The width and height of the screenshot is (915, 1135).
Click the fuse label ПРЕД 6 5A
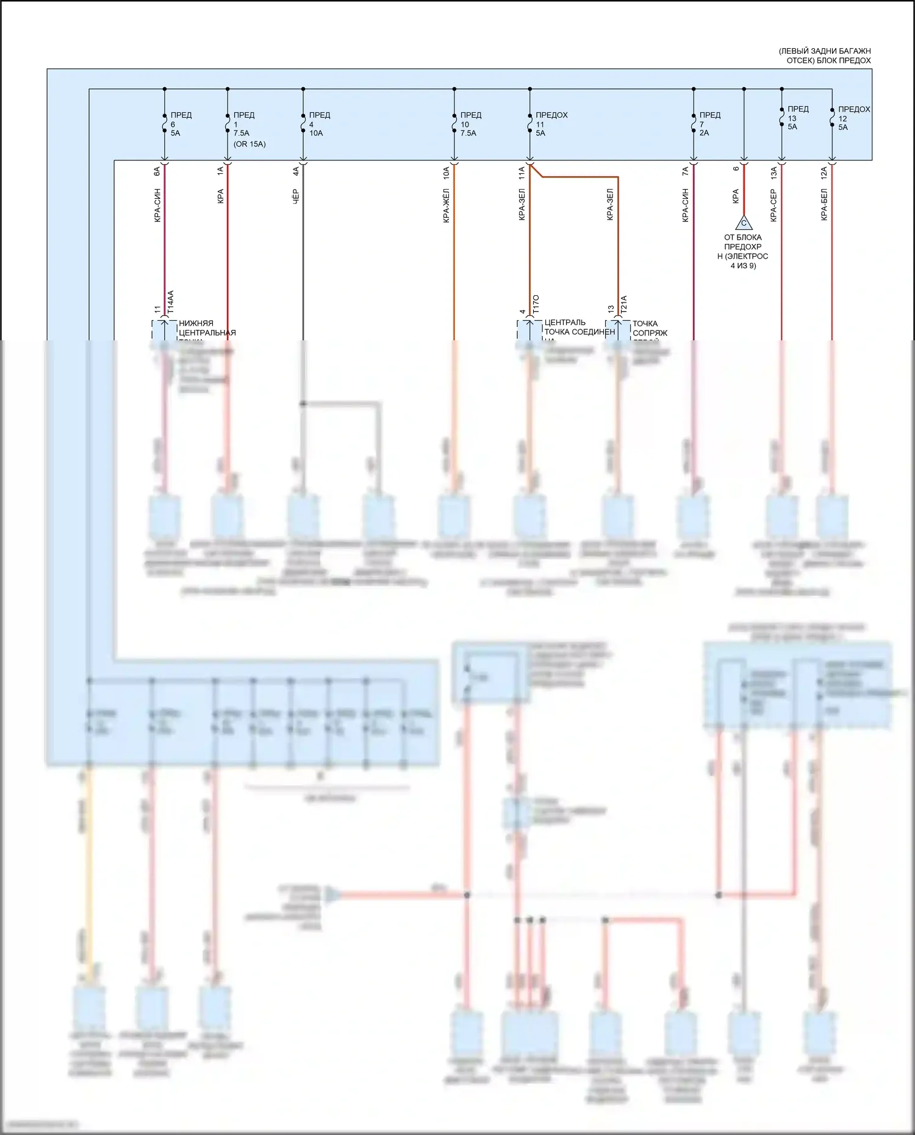click(x=181, y=124)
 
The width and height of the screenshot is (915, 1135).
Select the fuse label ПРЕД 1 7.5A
click(x=244, y=124)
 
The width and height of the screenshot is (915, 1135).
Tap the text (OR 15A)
click(x=249, y=145)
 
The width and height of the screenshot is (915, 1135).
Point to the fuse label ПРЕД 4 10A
click(x=319, y=124)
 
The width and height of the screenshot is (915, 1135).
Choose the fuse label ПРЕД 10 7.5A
click(x=470, y=124)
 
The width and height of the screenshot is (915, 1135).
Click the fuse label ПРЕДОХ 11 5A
click(x=551, y=124)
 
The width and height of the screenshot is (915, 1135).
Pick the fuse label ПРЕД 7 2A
click(x=709, y=124)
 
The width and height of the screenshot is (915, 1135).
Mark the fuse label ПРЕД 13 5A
click(x=798, y=118)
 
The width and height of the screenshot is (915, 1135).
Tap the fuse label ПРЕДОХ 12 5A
click(x=853, y=118)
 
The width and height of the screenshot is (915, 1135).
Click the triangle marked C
click(x=744, y=223)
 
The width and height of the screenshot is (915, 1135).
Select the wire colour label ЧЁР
click(x=296, y=196)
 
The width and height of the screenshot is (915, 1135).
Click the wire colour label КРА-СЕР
click(x=773, y=205)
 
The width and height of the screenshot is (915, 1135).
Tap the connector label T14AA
click(x=171, y=303)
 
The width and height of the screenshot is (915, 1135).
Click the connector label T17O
click(x=536, y=304)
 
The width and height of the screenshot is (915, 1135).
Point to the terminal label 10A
click(x=446, y=173)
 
